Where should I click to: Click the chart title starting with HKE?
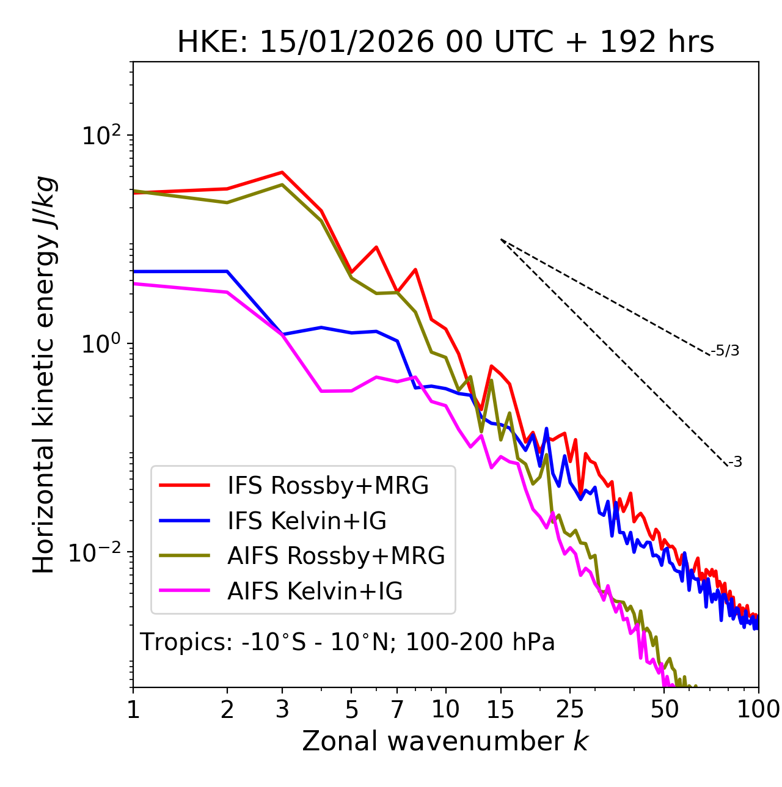pyautogui.click(x=445, y=43)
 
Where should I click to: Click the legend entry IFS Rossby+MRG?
pyautogui.click(x=327, y=485)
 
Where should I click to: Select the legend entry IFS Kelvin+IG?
pyautogui.click(x=307, y=521)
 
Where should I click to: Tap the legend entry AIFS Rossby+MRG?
pyautogui.click(x=335, y=555)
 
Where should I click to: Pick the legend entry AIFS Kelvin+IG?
pyautogui.click(x=315, y=591)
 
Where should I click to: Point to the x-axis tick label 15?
pyautogui.click(x=500, y=709)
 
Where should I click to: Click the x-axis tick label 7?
pyautogui.click(x=397, y=709)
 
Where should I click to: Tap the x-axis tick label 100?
pyautogui.click(x=758, y=709)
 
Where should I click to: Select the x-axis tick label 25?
pyautogui.click(x=569, y=709)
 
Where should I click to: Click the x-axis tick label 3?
pyautogui.click(x=282, y=709)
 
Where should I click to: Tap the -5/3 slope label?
pyautogui.click(x=725, y=351)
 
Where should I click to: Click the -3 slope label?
pyautogui.click(x=736, y=463)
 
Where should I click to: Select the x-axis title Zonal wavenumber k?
pyautogui.click(x=445, y=741)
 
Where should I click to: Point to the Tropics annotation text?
pyautogui.click(x=347, y=642)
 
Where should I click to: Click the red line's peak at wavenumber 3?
pyautogui.click(x=282, y=172)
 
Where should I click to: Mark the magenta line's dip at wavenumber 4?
pyautogui.click(x=321, y=391)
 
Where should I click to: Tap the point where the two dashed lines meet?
pyautogui.click(x=500, y=239)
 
